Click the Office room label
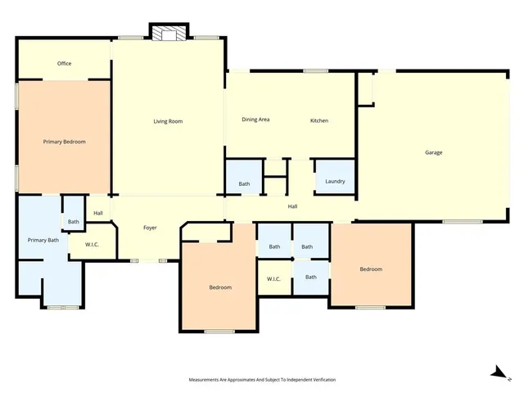[64, 63]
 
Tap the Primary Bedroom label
[64, 142]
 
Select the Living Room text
[168, 121]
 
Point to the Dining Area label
[255, 120]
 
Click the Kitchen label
[318, 120]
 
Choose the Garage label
[433, 152]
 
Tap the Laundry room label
[335, 181]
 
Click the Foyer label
[150, 228]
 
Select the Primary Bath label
[43, 240]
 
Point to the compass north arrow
[496, 373]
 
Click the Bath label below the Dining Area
[244, 183]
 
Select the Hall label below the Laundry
[292, 206]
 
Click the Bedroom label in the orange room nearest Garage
[371, 269]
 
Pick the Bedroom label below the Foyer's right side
[219, 287]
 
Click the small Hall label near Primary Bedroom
[98, 213]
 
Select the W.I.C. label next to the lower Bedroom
[273, 279]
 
